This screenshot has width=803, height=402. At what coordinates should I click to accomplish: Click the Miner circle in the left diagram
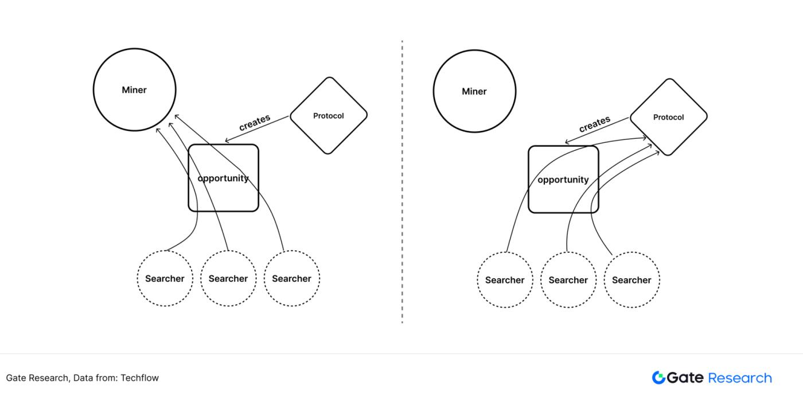click(x=134, y=90)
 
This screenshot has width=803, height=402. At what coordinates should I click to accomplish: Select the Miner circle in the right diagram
click(x=474, y=91)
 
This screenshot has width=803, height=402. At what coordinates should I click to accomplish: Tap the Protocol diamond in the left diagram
click(x=329, y=116)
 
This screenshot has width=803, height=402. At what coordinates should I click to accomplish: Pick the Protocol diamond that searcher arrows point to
click(x=668, y=118)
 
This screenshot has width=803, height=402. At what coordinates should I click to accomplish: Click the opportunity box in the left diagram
click(x=223, y=178)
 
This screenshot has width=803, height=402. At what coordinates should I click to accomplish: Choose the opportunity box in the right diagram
click(x=563, y=179)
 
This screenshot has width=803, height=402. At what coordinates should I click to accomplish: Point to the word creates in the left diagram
click(x=255, y=123)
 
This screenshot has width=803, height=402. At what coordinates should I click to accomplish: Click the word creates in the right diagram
click(x=595, y=124)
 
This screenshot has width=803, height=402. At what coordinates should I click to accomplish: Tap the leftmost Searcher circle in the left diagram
click(x=165, y=279)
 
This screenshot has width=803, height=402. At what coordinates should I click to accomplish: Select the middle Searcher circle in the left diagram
click(x=228, y=279)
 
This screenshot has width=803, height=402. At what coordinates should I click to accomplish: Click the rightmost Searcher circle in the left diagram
click(x=291, y=279)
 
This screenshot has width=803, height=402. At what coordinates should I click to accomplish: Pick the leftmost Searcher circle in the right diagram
click(x=505, y=280)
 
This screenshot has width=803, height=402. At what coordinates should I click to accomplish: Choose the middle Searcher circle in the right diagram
click(x=568, y=280)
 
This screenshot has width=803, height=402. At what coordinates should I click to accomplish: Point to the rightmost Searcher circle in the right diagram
click(x=632, y=280)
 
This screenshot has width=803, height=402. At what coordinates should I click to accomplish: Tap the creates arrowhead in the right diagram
click(x=567, y=143)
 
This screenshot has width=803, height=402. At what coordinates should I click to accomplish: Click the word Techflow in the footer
click(x=139, y=378)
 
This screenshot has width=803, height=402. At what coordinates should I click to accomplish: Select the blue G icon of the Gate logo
click(x=658, y=377)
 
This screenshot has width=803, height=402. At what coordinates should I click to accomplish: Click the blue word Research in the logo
click(x=740, y=378)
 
